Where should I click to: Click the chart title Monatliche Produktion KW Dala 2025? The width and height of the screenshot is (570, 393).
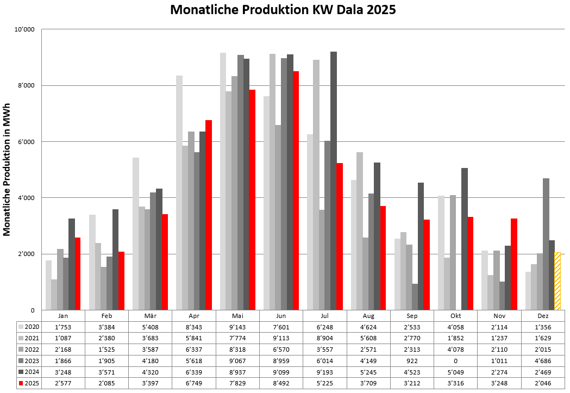tap(283, 10)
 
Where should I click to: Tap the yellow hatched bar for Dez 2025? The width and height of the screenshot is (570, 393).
tap(558, 281)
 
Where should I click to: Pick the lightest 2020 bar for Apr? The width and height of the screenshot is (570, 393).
tap(179, 192)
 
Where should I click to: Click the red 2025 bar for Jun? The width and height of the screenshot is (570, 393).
tap(296, 190)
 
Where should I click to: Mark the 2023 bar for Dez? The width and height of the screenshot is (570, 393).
tap(546, 244)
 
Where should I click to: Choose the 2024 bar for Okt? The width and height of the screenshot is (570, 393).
tap(464, 239)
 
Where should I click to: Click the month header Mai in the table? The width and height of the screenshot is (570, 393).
tap(237, 316)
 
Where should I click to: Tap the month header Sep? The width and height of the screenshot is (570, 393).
tap(412, 316)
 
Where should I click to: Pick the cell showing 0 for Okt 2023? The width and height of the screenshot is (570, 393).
tap(455, 361)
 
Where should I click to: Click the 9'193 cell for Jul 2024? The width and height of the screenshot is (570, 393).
tap(325, 372)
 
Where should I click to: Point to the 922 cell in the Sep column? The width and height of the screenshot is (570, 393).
tap(412, 361)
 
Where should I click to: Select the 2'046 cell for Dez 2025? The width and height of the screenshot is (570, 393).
tap(543, 384)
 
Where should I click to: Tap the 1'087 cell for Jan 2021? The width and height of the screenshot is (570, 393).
tap(63, 338)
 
